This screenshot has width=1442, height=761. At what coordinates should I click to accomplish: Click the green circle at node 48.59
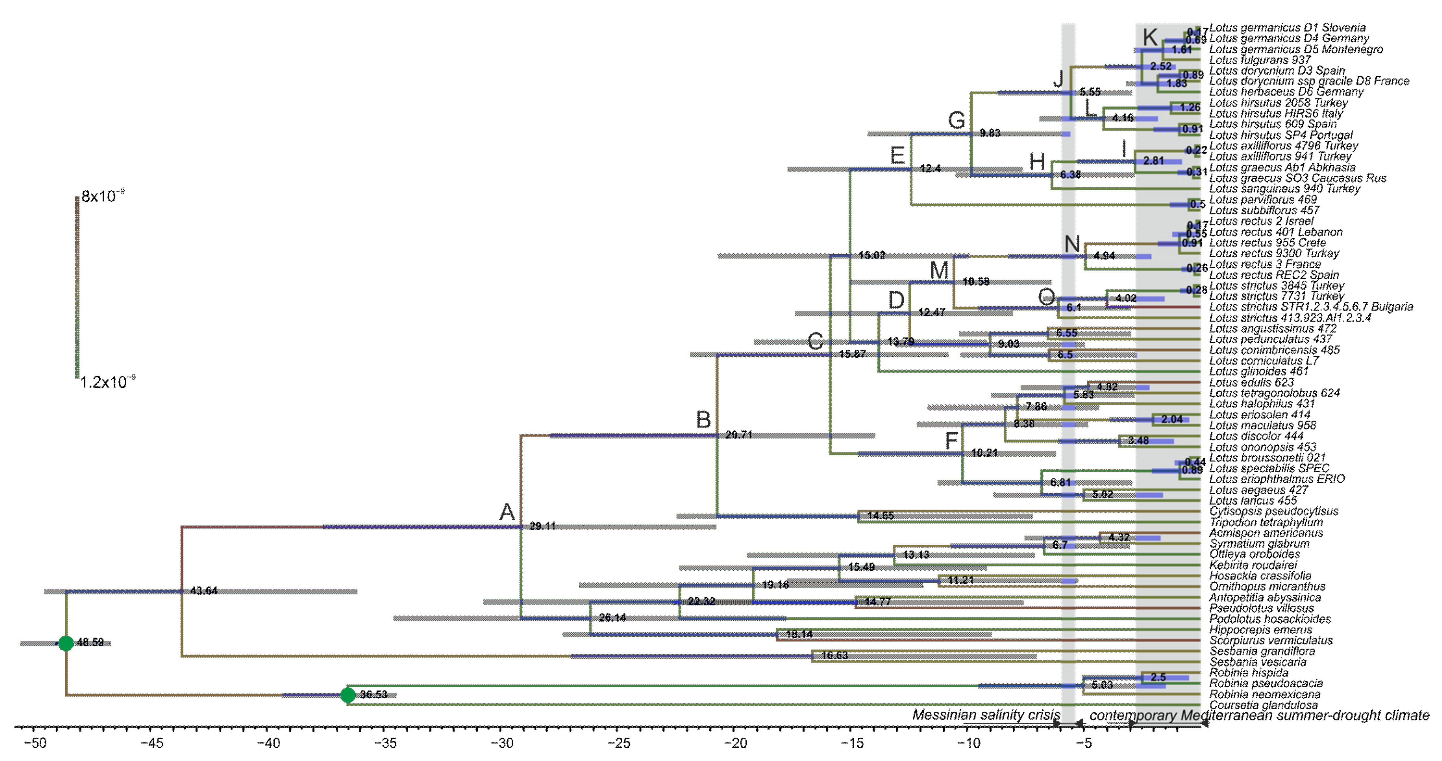(x=66, y=643)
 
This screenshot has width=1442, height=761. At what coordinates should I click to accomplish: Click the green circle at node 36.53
(x=348, y=695)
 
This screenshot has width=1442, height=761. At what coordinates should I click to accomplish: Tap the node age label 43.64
(x=204, y=591)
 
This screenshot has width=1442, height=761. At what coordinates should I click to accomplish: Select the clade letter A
(x=507, y=512)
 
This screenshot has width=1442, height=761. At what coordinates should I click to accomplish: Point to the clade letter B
(x=703, y=419)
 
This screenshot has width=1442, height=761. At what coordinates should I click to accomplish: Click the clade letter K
(x=1150, y=38)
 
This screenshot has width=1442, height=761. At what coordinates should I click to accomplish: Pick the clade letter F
(x=951, y=441)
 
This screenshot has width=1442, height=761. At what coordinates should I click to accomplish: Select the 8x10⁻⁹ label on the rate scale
(x=103, y=196)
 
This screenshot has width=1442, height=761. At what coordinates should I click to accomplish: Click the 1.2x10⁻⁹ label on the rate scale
(x=107, y=382)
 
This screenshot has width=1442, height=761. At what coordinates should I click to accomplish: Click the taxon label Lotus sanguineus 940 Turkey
(x=1284, y=189)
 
